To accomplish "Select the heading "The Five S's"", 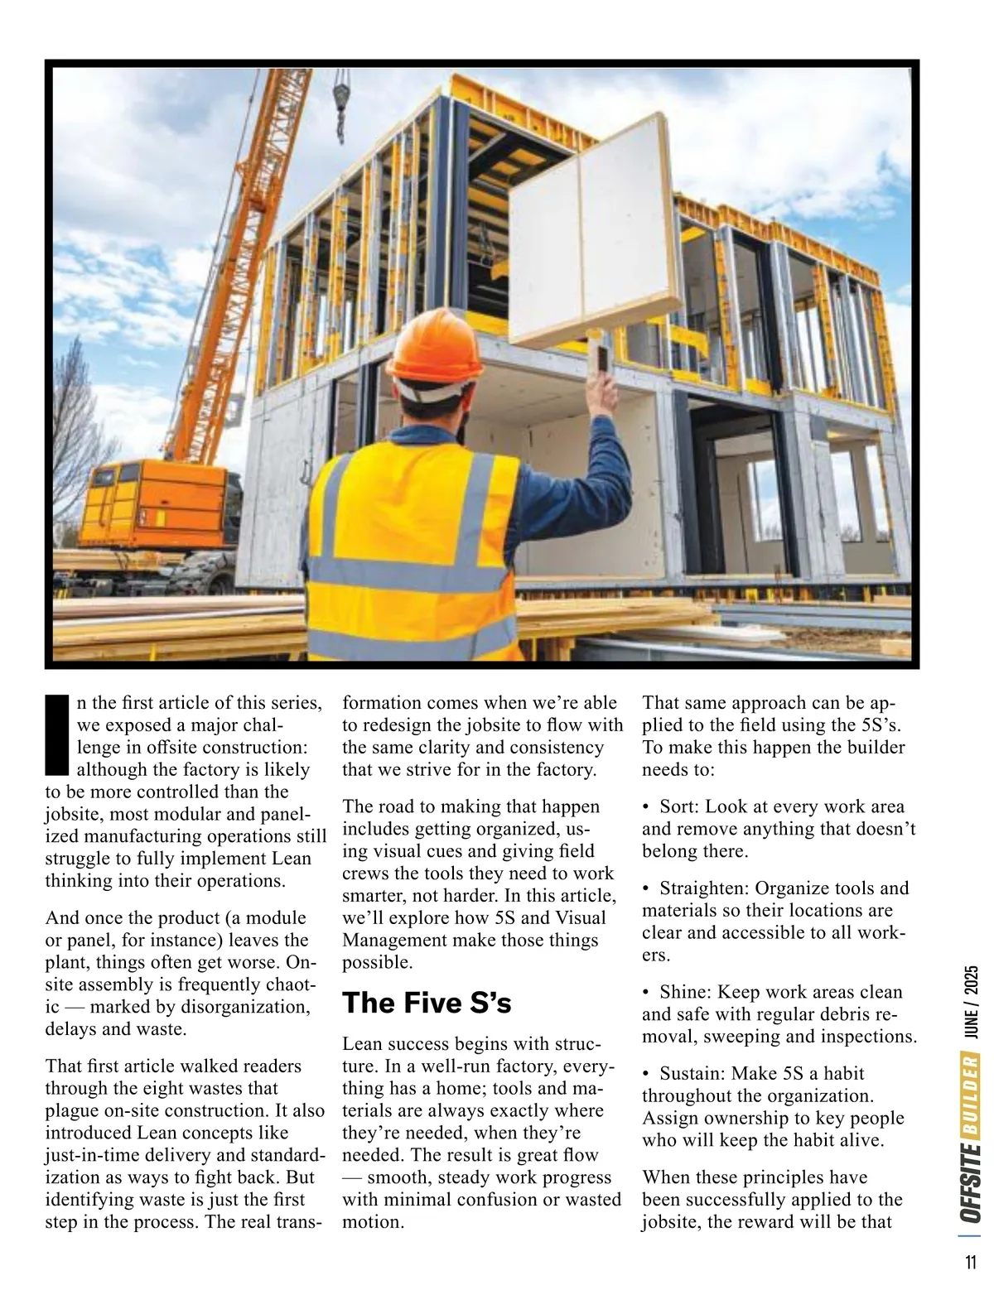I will tap(427, 1003).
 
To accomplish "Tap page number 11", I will tap(970, 1264).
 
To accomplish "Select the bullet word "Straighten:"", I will tap(705, 888).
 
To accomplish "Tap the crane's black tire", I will tap(208, 570).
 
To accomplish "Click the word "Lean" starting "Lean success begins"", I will tap(361, 1043).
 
